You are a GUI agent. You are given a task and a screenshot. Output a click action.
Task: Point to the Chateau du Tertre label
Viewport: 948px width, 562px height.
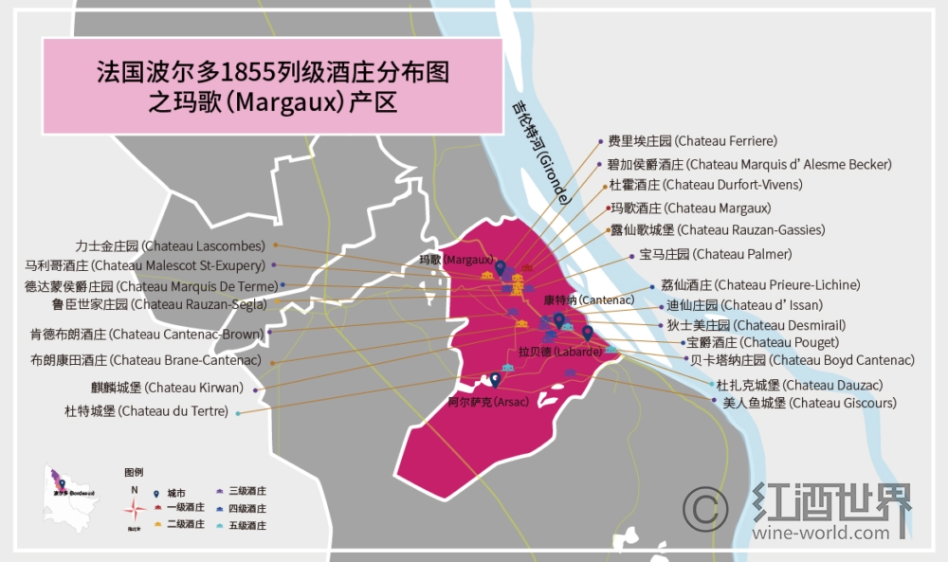(146, 411)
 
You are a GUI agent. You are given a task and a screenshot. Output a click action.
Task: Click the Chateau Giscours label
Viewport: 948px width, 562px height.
(802, 403)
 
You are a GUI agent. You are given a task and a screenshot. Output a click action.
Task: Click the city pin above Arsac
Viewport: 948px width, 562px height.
(495, 380)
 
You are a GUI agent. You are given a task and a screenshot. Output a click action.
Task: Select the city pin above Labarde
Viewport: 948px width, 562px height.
(588, 333)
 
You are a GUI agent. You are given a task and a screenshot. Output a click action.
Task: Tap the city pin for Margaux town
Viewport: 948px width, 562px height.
(500, 268)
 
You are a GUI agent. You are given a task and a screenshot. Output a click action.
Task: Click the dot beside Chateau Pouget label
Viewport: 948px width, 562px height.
(680, 342)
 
